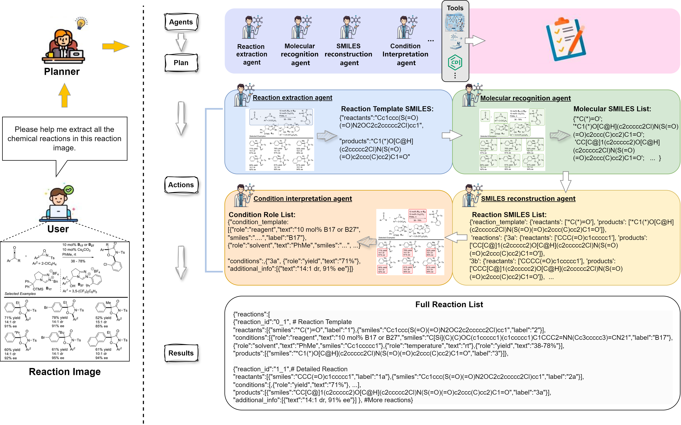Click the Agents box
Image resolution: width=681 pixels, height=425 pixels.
[181, 22]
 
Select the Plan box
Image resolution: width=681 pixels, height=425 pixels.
[181, 63]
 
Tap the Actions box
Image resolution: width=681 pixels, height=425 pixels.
[181, 185]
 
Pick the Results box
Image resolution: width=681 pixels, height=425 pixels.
[181, 353]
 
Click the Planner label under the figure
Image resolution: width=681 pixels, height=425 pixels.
[62, 72]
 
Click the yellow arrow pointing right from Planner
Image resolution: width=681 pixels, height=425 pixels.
[115, 46]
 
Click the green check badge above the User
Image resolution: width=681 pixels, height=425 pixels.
[69, 190]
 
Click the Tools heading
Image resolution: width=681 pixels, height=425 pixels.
[455, 8]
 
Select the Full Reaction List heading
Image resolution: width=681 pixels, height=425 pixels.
[449, 305]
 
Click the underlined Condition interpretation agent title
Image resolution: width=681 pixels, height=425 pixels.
[303, 199]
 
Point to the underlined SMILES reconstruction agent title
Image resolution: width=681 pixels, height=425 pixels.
[528, 199]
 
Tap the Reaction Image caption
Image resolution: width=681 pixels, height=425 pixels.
[65, 372]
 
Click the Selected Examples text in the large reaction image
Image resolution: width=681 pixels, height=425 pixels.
[20, 294]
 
